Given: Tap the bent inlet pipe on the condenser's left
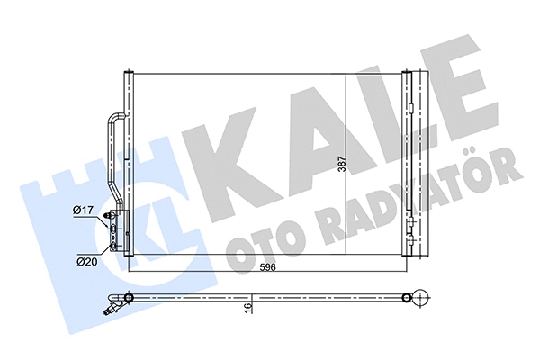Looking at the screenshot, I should point(114,153).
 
